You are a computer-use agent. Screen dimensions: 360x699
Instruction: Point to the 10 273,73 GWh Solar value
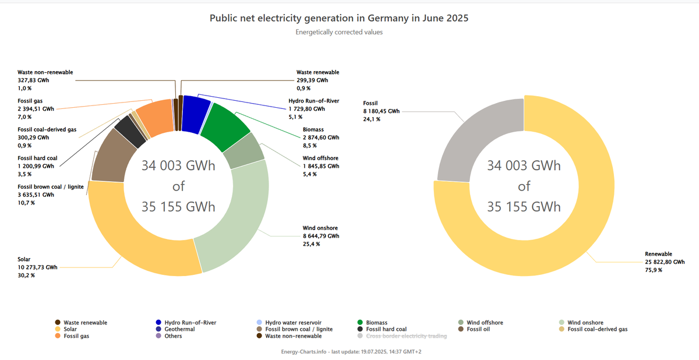(x=38, y=267)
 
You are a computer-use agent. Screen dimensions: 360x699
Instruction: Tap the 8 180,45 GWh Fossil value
(x=382, y=111)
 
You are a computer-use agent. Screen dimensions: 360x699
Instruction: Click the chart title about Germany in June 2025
(x=339, y=18)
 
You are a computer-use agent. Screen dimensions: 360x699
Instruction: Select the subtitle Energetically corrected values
(x=339, y=32)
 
